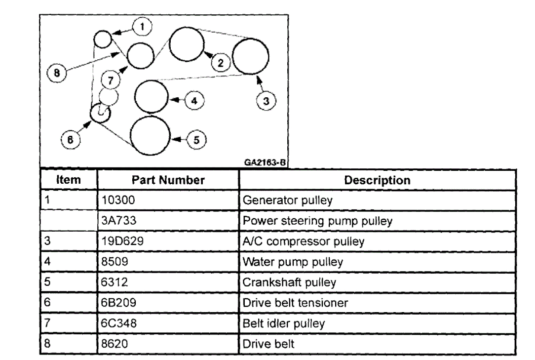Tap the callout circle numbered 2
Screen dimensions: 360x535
(221, 62)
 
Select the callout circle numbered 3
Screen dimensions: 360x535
(266, 101)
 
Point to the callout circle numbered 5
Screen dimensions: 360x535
(196, 140)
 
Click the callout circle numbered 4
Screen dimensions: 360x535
(193, 101)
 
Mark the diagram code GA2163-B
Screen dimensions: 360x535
(265, 161)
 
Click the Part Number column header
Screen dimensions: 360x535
(168, 180)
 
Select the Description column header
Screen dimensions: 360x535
(377, 180)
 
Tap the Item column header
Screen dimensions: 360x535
(69, 180)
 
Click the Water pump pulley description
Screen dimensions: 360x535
(292, 262)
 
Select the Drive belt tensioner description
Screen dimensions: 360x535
(295, 303)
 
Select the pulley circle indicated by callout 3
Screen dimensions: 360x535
(251, 56)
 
